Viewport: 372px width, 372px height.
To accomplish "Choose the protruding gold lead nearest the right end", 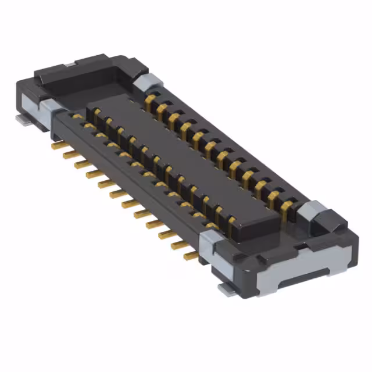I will point(191,255).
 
